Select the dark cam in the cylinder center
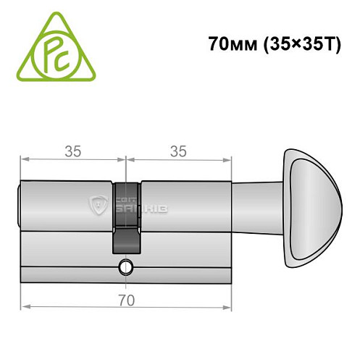coord(127,217)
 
